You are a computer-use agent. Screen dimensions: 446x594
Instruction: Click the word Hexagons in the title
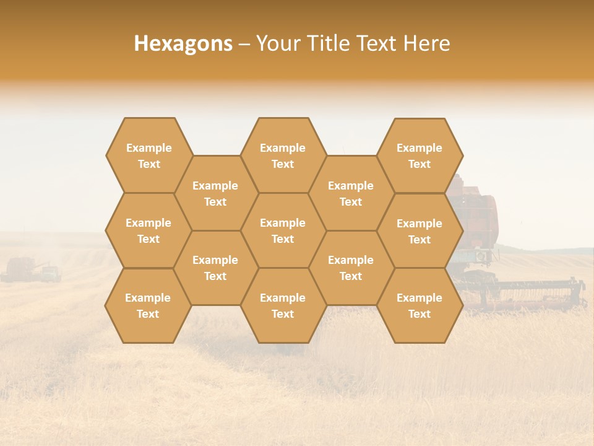pyautogui.click(x=183, y=43)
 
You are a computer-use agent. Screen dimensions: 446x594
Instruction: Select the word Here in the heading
pyautogui.click(x=426, y=43)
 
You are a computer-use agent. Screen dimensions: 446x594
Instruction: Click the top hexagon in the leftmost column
pyautogui.click(x=148, y=155)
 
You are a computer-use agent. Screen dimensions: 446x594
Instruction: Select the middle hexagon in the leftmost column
pyautogui.click(x=148, y=230)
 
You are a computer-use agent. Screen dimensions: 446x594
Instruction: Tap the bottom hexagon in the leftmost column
pyautogui.click(x=148, y=305)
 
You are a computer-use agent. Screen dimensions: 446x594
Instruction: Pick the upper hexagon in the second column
pyautogui.click(x=215, y=193)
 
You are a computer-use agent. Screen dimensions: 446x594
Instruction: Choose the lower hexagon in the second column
pyautogui.click(x=215, y=268)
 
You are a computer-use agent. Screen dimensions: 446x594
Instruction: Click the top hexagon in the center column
pyautogui.click(x=283, y=155)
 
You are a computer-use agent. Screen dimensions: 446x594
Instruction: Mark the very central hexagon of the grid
pyautogui.click(x=283, y=230)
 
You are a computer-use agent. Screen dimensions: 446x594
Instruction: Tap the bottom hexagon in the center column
pyautogui.click(x=283, y=305)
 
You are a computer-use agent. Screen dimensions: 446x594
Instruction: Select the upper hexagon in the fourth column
pyautogui.click(x=351, y=193)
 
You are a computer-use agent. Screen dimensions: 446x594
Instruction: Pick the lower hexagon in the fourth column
pyautogui.click(x=351, y=268)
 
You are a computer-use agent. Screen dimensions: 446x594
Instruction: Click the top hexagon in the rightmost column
pyautogui.click(x=420, y=155)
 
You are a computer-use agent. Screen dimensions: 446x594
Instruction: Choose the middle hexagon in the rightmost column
pyautogui.click(x=420, y=231)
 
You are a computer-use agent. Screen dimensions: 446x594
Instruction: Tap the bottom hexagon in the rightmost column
pyautogui.click(x=420, y=305)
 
